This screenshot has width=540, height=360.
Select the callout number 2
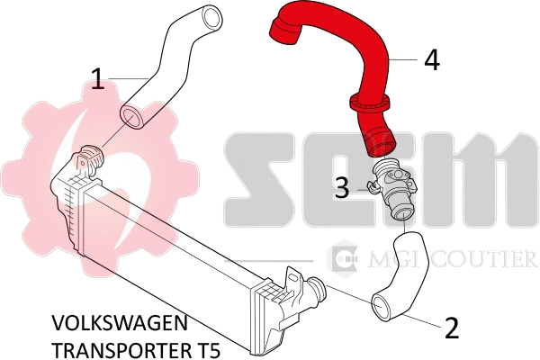pyautogui.click(x=452, y=326)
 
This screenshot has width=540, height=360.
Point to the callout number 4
pyautogui.click(x=432, y=60)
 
